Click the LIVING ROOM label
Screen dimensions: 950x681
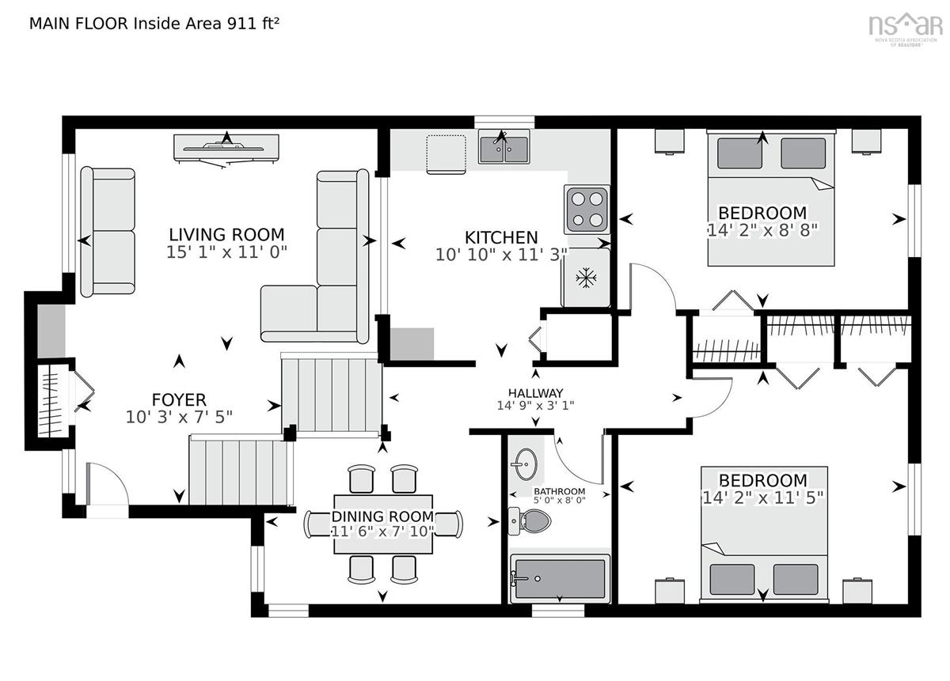click(x=226, y=234)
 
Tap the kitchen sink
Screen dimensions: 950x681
click(x=503, y=146)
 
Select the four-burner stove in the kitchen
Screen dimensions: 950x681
click(x=587, y=210)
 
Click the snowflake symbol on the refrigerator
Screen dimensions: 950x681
click(x=586, y=278)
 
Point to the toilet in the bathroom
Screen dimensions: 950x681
click(x=530, y=520)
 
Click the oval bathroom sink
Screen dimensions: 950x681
click(x=526, y=464)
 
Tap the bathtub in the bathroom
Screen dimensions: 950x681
click(x=560, y=578)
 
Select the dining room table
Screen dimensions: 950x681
click(x=383, y=524)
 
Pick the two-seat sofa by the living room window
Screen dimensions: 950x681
click(x=108, y=232)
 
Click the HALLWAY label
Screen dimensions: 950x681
click(x=536, y=393)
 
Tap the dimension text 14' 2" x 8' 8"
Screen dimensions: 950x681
click(x=763, y=230)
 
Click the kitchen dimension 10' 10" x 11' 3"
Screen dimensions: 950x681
click(x=501, y=255)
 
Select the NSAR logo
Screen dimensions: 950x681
click(x=904, y=28)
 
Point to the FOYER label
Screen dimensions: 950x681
click(x=179, y=399)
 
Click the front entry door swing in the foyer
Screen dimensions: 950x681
click(x=108, y=483)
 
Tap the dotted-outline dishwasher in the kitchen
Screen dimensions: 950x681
click(x=446, y=154)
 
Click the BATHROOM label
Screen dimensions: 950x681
click(x=559, y=491)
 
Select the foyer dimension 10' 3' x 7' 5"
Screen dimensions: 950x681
click(x=179, y=417)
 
